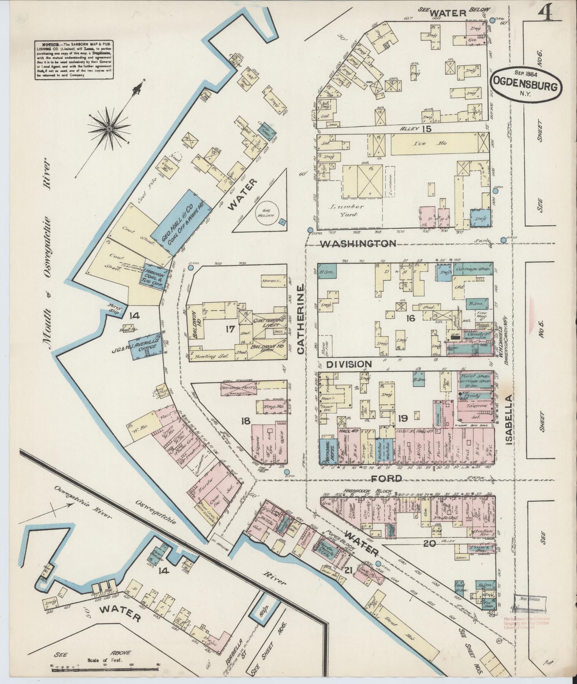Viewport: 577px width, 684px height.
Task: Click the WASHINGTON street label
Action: click(x=358, y=244)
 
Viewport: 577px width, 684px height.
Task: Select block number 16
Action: click(x=410, y=318)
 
